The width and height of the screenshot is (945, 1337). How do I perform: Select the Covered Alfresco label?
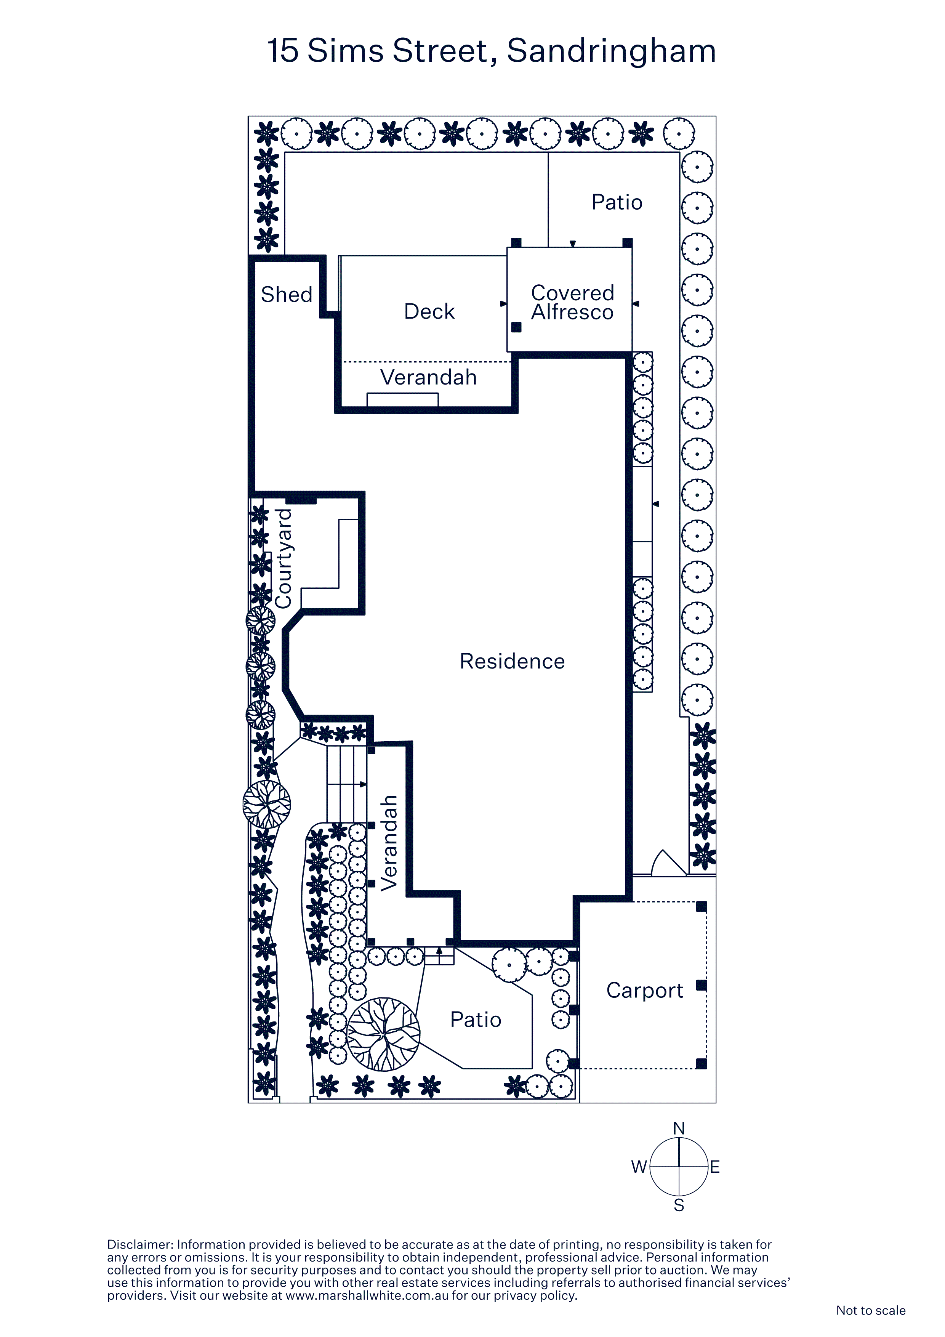click(x=572, y=302)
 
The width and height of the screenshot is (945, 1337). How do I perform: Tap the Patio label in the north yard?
click(x=617, y=202)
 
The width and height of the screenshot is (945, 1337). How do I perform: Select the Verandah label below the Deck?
click(x=429, y=377)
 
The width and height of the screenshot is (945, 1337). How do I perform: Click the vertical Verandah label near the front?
click(x=389, y=843)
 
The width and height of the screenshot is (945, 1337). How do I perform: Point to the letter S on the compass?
click(x=679, y=1206)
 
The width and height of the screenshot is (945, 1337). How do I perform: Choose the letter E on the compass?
click(x=715, y=1167)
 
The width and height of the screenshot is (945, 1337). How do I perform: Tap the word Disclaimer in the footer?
click(x=140, y=1244)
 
